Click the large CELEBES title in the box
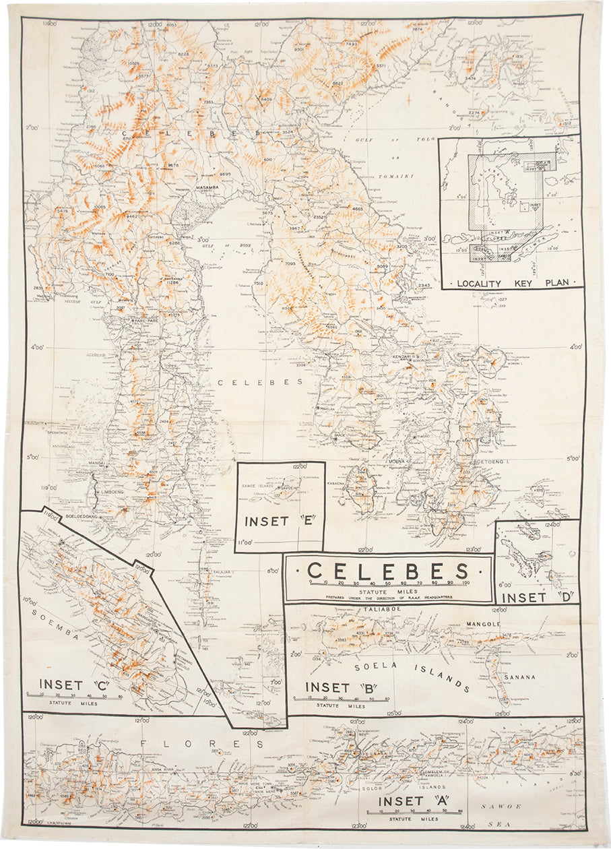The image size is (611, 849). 388,571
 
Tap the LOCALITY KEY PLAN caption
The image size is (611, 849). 511,283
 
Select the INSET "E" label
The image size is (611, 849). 276,521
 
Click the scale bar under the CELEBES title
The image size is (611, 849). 388,585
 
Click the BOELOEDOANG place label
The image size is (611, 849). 84,517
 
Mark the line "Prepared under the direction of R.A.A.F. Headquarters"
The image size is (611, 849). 388,596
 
